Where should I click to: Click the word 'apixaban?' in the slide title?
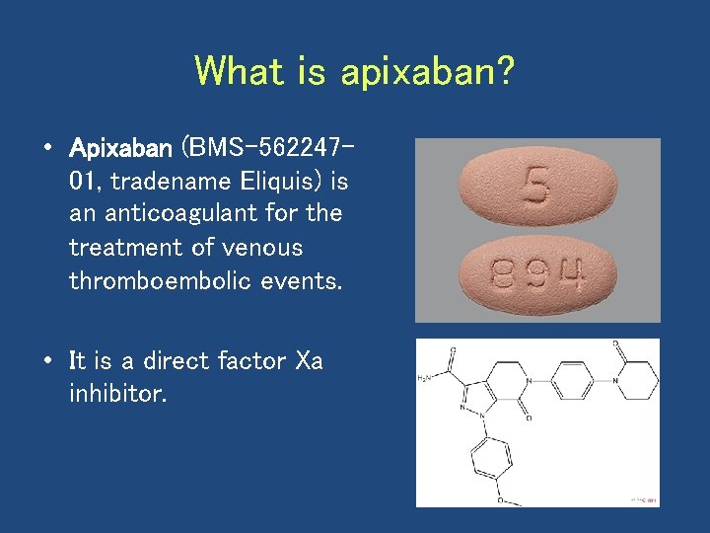coord(427,71)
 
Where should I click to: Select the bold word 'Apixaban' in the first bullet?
coord(120,149)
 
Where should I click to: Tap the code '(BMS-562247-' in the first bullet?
coord(267,149)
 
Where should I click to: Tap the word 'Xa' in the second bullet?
coord(309,361)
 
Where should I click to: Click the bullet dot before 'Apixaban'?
coord(46,149)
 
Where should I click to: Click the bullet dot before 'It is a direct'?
coord(46,361)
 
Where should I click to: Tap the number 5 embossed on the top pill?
coord(536,184)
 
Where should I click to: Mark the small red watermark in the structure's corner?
coord(643,500)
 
